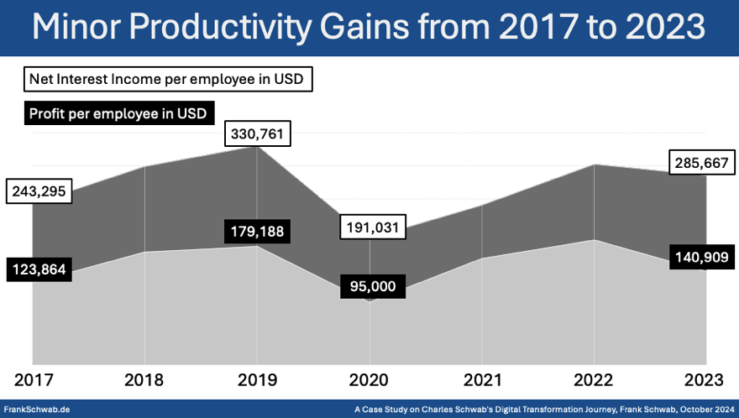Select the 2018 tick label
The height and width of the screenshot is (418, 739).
coord(144,379)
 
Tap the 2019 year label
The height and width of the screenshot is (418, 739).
coord(257,379)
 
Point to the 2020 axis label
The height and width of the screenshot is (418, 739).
coord(369,379)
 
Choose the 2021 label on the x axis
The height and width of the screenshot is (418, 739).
coord(481,379)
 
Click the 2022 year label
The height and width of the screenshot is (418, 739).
coord(594,379)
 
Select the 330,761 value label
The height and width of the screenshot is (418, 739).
coord(257,134)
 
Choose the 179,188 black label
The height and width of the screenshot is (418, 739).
coord(257,232)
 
